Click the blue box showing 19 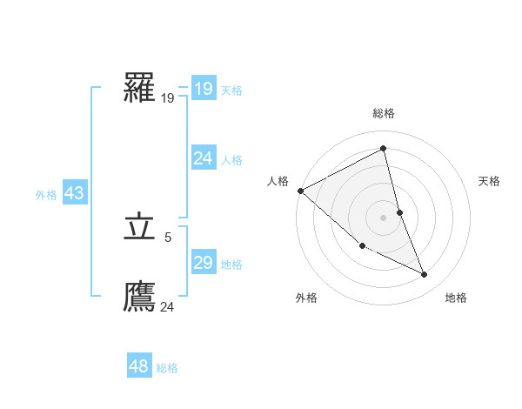click(x=204, y=89)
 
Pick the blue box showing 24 click(x=204, y=158)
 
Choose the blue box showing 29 click(x=204, y=263)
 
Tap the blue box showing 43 click(x=74, y=193)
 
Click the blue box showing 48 click(x=139, y=366)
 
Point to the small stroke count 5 click(x=168, y=237)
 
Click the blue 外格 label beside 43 click(x=46, y=195)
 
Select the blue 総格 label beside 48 click(x=167, y=368)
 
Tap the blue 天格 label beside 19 click(x=231, y=91)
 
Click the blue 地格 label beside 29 click(x=231, y=265)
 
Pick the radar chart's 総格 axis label click(x=384, y=113)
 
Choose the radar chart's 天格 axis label click(x=490, y=181)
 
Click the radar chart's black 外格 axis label click(x=305, y=298)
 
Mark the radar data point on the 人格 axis click(x=300, y=191)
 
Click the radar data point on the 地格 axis click(x=425, y=275)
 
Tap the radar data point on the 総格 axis click(x=384, y=148)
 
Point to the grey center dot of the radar click(x=384, y=218)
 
